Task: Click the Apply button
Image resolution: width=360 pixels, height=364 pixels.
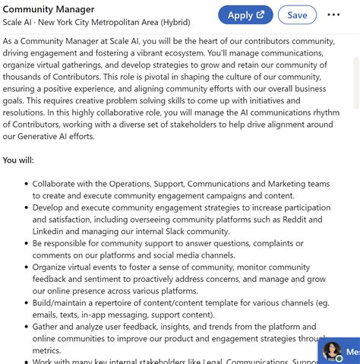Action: [245, 14]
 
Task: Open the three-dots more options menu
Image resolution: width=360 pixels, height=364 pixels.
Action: [333, 14]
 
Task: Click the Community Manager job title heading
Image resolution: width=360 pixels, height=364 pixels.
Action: [49, 9]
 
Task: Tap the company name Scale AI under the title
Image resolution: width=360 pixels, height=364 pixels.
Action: [21, 23]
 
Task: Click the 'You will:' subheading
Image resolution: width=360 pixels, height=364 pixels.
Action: [18, 160]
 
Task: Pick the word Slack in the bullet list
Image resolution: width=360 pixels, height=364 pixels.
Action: [180, 232]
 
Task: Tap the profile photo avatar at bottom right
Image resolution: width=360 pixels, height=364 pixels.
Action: [332, 351]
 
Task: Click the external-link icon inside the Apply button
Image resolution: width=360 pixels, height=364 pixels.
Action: [261, 14]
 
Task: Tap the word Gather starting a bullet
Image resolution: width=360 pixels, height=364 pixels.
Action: [48, 327]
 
